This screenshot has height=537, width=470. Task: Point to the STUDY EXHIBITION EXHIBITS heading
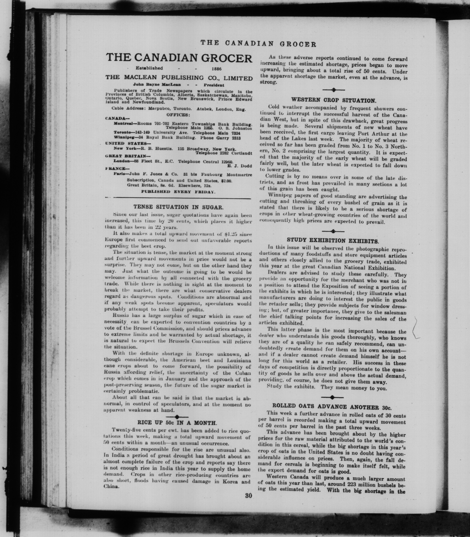333,240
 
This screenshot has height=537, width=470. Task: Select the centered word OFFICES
178,115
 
